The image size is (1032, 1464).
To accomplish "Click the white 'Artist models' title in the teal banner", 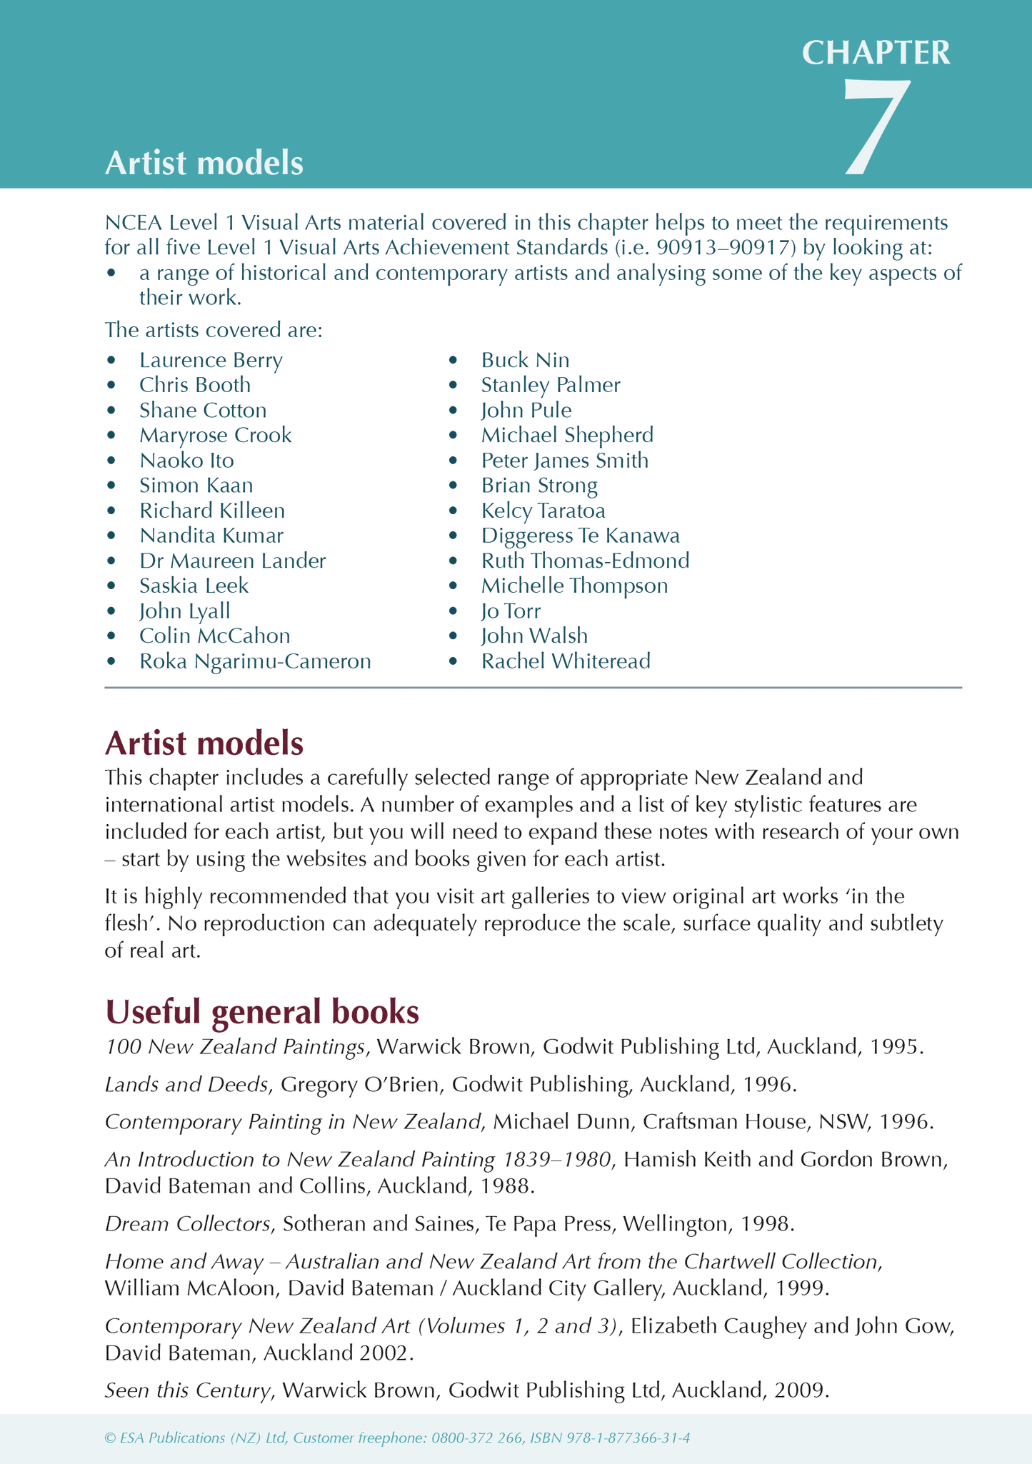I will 204,164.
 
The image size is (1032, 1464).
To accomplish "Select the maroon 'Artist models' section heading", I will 204,743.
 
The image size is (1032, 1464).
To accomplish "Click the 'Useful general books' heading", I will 261,1012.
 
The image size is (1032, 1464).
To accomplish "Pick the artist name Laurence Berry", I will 211,360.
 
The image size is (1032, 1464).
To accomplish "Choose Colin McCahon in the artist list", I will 214,636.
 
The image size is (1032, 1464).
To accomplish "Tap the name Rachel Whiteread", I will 565,661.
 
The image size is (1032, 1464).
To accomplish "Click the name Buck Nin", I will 525,360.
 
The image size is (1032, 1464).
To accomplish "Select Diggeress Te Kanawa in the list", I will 580,536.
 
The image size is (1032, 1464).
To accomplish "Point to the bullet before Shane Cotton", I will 111,411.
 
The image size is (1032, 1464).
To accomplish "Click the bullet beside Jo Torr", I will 452,611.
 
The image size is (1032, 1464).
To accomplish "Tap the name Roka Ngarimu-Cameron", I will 255,661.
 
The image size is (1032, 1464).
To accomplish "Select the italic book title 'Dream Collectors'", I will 188,1224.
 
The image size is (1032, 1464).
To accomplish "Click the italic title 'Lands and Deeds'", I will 186,1085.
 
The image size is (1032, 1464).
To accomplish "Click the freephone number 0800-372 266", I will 476,1438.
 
